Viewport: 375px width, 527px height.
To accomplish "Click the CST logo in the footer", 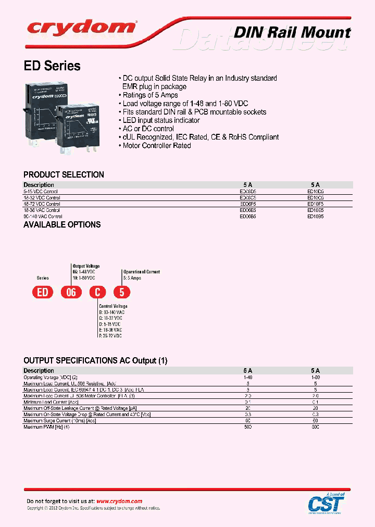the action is (326, 503).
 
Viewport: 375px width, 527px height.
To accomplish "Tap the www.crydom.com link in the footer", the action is (119, 501).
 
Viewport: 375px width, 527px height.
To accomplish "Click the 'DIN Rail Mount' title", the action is (292, 32).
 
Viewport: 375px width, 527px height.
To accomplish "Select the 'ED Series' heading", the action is (52, 66).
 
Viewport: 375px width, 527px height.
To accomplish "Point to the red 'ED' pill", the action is (43, 292).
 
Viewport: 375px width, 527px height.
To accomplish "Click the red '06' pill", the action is (71, 292).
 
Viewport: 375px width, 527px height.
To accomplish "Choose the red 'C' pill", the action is (95, 292).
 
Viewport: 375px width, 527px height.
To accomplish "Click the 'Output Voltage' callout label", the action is (86, 266).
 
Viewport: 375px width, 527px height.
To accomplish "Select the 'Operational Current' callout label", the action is (141, 272).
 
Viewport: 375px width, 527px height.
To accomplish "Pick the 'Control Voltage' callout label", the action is (113, 306).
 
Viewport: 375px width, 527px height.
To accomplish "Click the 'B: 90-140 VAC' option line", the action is (111, 312).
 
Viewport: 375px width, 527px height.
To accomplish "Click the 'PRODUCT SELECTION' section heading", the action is (64, 175).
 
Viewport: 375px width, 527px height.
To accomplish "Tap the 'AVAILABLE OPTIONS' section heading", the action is (62, 225).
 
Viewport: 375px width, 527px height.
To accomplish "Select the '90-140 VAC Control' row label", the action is (43, 216).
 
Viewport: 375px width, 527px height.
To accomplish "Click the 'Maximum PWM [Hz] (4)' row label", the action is (46, 427).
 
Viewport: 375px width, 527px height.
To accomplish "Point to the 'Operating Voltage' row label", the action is (50, 377).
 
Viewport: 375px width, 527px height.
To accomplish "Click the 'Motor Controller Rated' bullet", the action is (157, 146).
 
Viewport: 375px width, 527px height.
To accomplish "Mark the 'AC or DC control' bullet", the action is (148, 129).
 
